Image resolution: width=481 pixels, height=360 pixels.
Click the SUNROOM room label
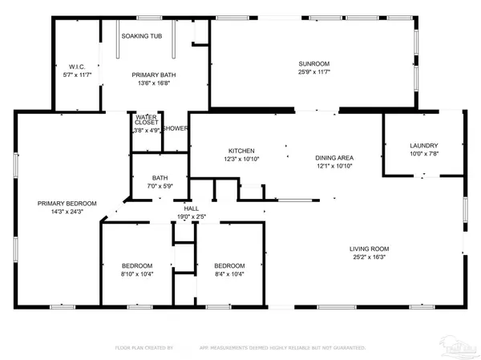pos(314,63)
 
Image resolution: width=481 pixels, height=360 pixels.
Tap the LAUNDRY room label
pos(425,144)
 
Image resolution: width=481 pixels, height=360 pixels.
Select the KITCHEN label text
pos(241,151)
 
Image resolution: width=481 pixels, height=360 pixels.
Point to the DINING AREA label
pos(333,157)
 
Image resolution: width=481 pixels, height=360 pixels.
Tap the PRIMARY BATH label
pos(154,75)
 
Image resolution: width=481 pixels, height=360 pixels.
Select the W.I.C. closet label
pos(76,67)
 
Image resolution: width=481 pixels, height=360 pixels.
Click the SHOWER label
pos(175,128)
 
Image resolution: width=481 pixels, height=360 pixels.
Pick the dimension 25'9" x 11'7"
pos(314,72)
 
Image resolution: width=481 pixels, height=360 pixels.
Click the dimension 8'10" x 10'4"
pos(138,275)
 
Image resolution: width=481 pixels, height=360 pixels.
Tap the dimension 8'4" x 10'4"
pos(229,275)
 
